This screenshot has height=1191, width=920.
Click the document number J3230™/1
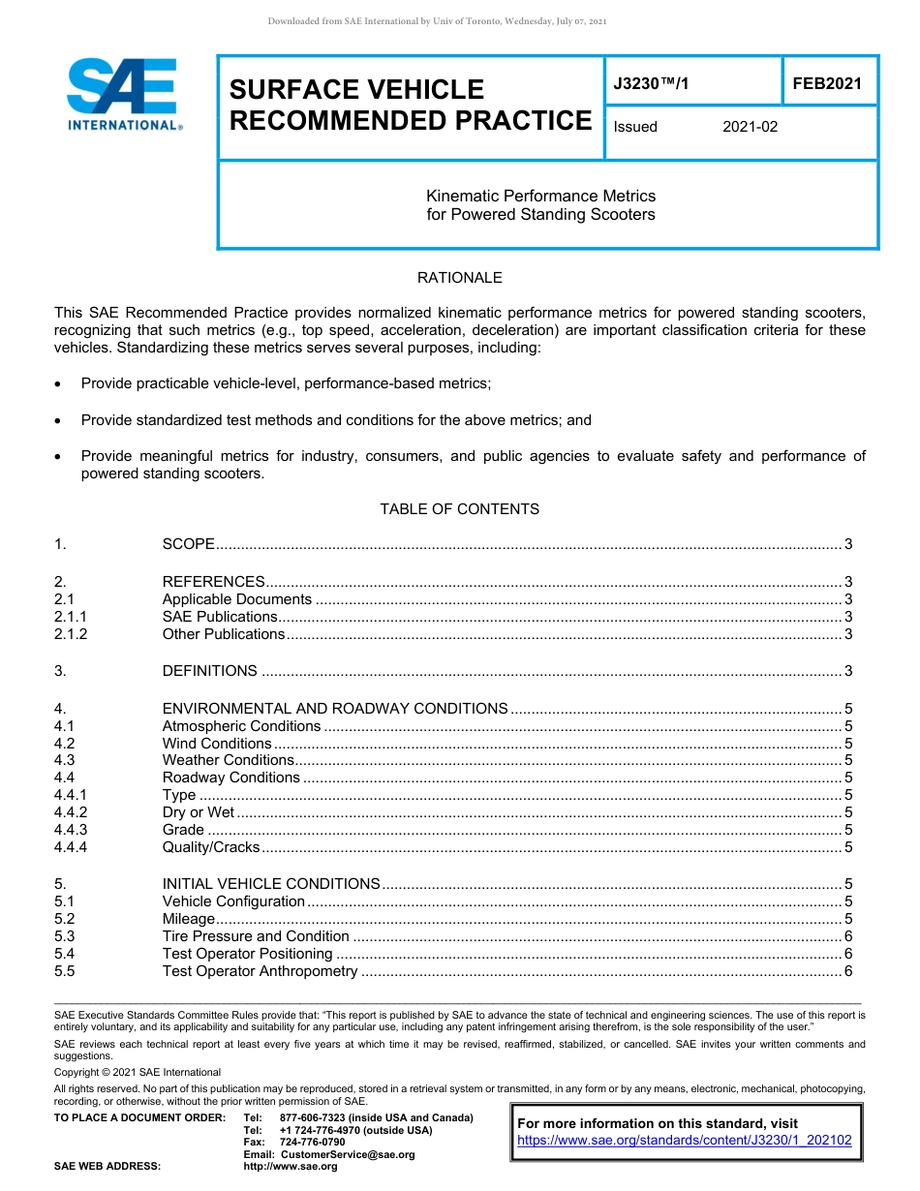(x=651, y=84)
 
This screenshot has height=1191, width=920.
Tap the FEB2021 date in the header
(x=826, y=84)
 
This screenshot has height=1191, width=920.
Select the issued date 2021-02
(x=750, y=127)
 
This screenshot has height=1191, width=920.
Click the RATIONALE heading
(x=459, y=278)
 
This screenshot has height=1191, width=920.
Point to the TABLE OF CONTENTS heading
(x=459, y=509)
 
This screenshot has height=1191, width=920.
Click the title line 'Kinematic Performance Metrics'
(x=540, y=196)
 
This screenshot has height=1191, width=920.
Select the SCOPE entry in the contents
(x=188, y=545)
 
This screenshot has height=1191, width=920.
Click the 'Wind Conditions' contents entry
(x=217, y=744)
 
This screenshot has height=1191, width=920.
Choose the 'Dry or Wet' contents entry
(x=199, y=812)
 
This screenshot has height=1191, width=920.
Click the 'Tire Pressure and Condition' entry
(x=256, y=936)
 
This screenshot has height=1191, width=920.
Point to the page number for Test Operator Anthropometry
(x=848, y=971)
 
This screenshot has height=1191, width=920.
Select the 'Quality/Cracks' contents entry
(x=211, y=847)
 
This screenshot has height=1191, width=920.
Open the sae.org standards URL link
(x=684, y=1141)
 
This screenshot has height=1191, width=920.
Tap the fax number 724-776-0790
(x=312, y=1143)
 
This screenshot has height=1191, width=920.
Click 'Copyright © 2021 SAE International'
(x=138, y=1072)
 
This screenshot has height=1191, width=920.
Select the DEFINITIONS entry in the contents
(x=209, y=671)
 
